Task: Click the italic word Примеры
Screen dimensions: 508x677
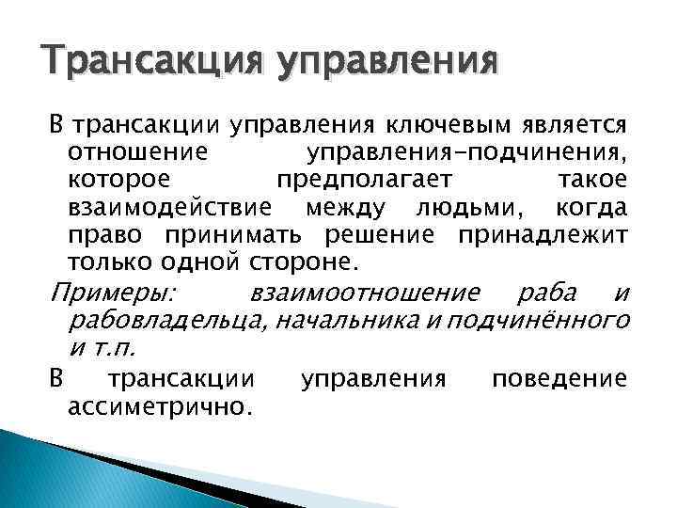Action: [x=106, y=294]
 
